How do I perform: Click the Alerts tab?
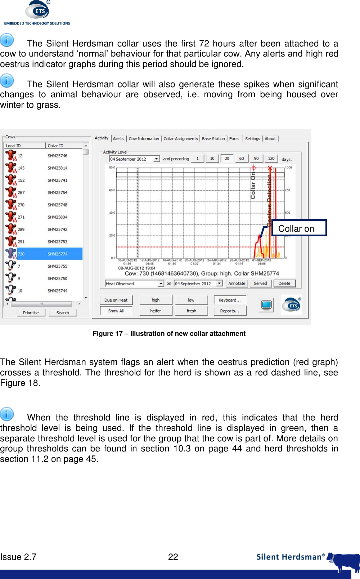point(118,139)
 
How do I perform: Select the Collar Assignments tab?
point(180,139)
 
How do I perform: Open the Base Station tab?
point(213,139)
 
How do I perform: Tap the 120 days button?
point(271,159)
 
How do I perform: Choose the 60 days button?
point(242,159)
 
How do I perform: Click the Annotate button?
point(237,284)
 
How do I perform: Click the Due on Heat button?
point(116,300)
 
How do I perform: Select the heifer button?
point(156,311)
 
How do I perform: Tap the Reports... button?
point(230,311)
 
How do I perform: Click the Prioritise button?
point(31,313)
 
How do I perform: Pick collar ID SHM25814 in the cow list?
point(58,168)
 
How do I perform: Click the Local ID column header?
point(24,146)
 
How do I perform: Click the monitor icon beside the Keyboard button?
point(266,305)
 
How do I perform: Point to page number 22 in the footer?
point(173,557)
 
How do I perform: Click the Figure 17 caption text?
point(169,334)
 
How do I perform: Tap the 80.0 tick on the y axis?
point(112,168)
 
